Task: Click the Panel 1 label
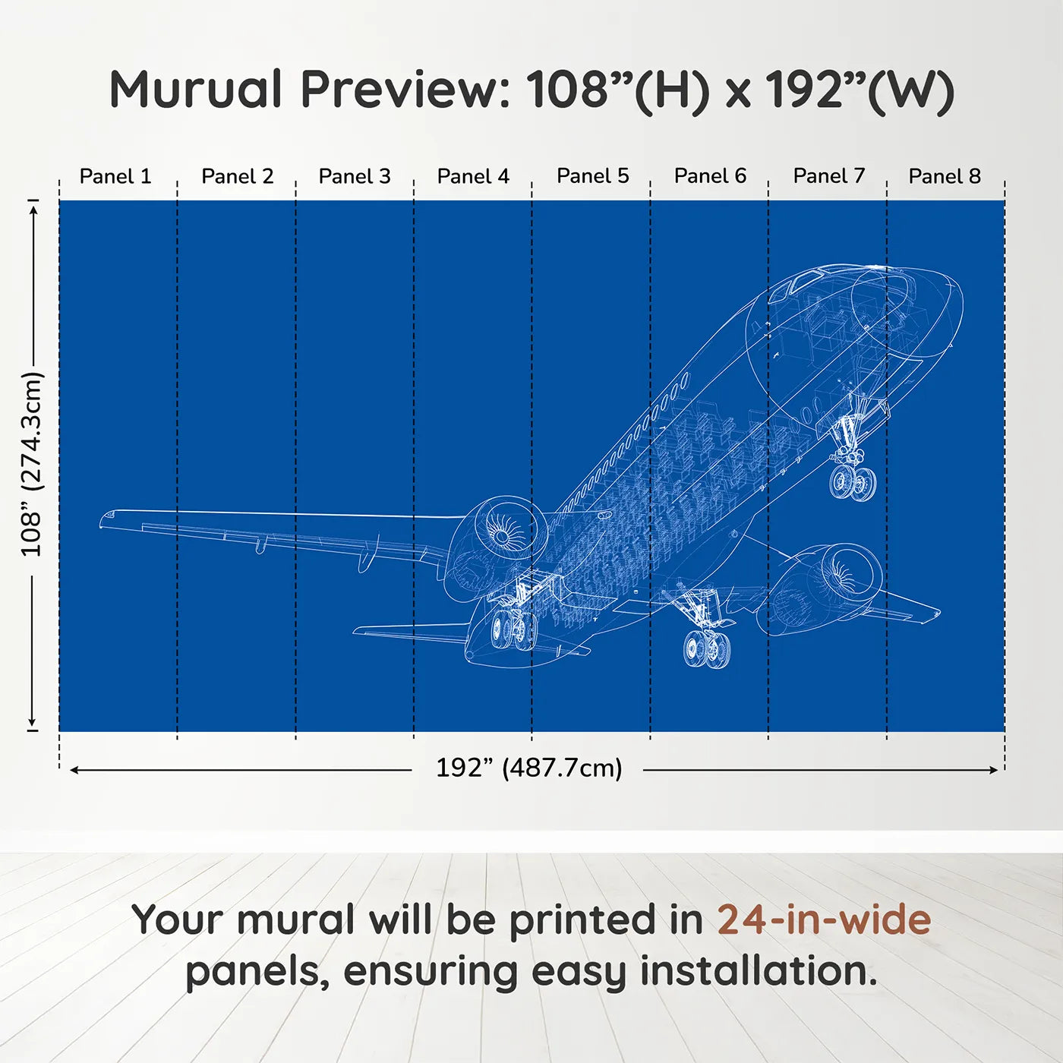pyautogui.click(x=115, y=176)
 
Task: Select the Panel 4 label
pyautogui.click(x=473, y=176)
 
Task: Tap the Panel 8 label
pyautogui.click(x=945, y=176)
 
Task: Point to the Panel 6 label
pyautogui.click(x=710, y=175)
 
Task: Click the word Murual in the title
pyautogui.click(x=196, y=90)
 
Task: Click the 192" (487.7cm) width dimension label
pyautogui.click(x=529, y=768)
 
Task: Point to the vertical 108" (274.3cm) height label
pyautogui.click(x=31, y=464)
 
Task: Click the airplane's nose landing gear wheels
pyautogui.click(x=851, y=482)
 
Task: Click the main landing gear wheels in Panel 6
pyautogui.click(x=707, y=648)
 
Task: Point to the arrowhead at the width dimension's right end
pyautogui.click(x=994, y=769)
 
